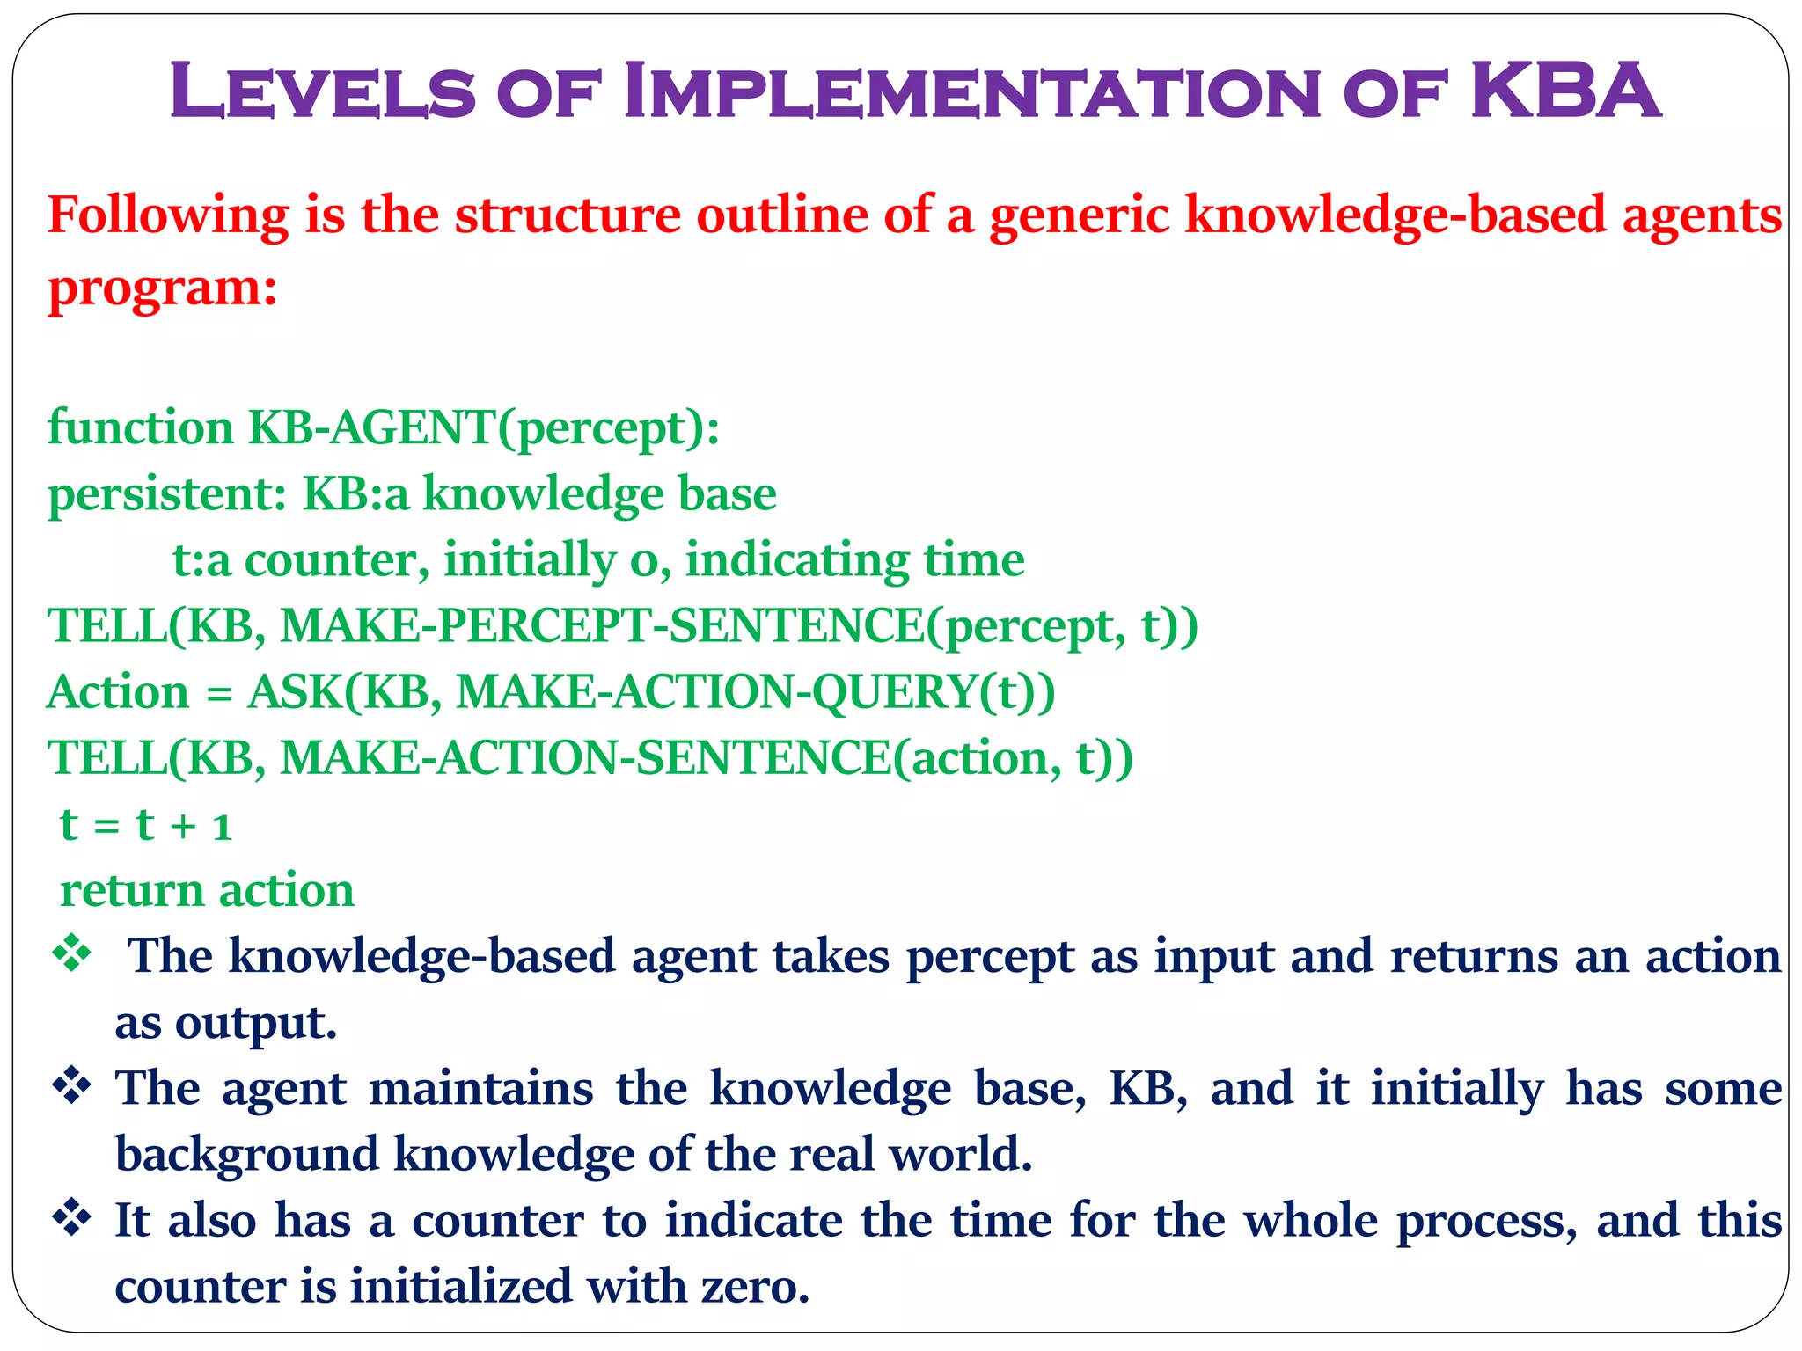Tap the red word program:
click(x=163, y=288)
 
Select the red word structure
click(x=568, y=215)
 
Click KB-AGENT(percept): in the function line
click(x=484, y=428)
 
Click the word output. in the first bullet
click(x=256, y=1023)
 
